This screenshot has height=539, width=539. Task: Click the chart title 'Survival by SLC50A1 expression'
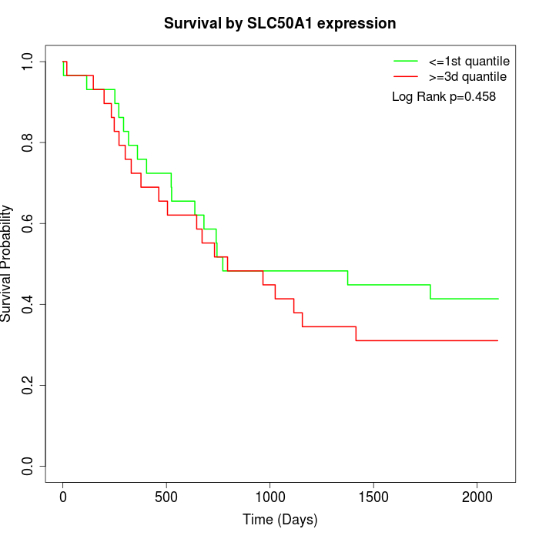point(280,24)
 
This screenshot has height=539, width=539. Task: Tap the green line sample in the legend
point(406,61)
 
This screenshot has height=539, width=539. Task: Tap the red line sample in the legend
point(406,77)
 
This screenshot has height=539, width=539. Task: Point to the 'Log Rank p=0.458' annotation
point(444,97)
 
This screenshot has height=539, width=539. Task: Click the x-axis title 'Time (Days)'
point(280,521)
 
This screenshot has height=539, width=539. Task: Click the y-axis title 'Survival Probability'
point(7,263)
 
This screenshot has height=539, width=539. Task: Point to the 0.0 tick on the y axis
point(29,466)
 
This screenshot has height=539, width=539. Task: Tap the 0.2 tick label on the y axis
point(29,385)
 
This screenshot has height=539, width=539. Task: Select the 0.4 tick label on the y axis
point(29,304)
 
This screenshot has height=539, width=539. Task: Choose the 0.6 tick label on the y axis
point(29,223)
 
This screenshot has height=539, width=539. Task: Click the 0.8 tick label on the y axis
point(29,142)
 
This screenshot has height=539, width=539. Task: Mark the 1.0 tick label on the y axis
point(29,62)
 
